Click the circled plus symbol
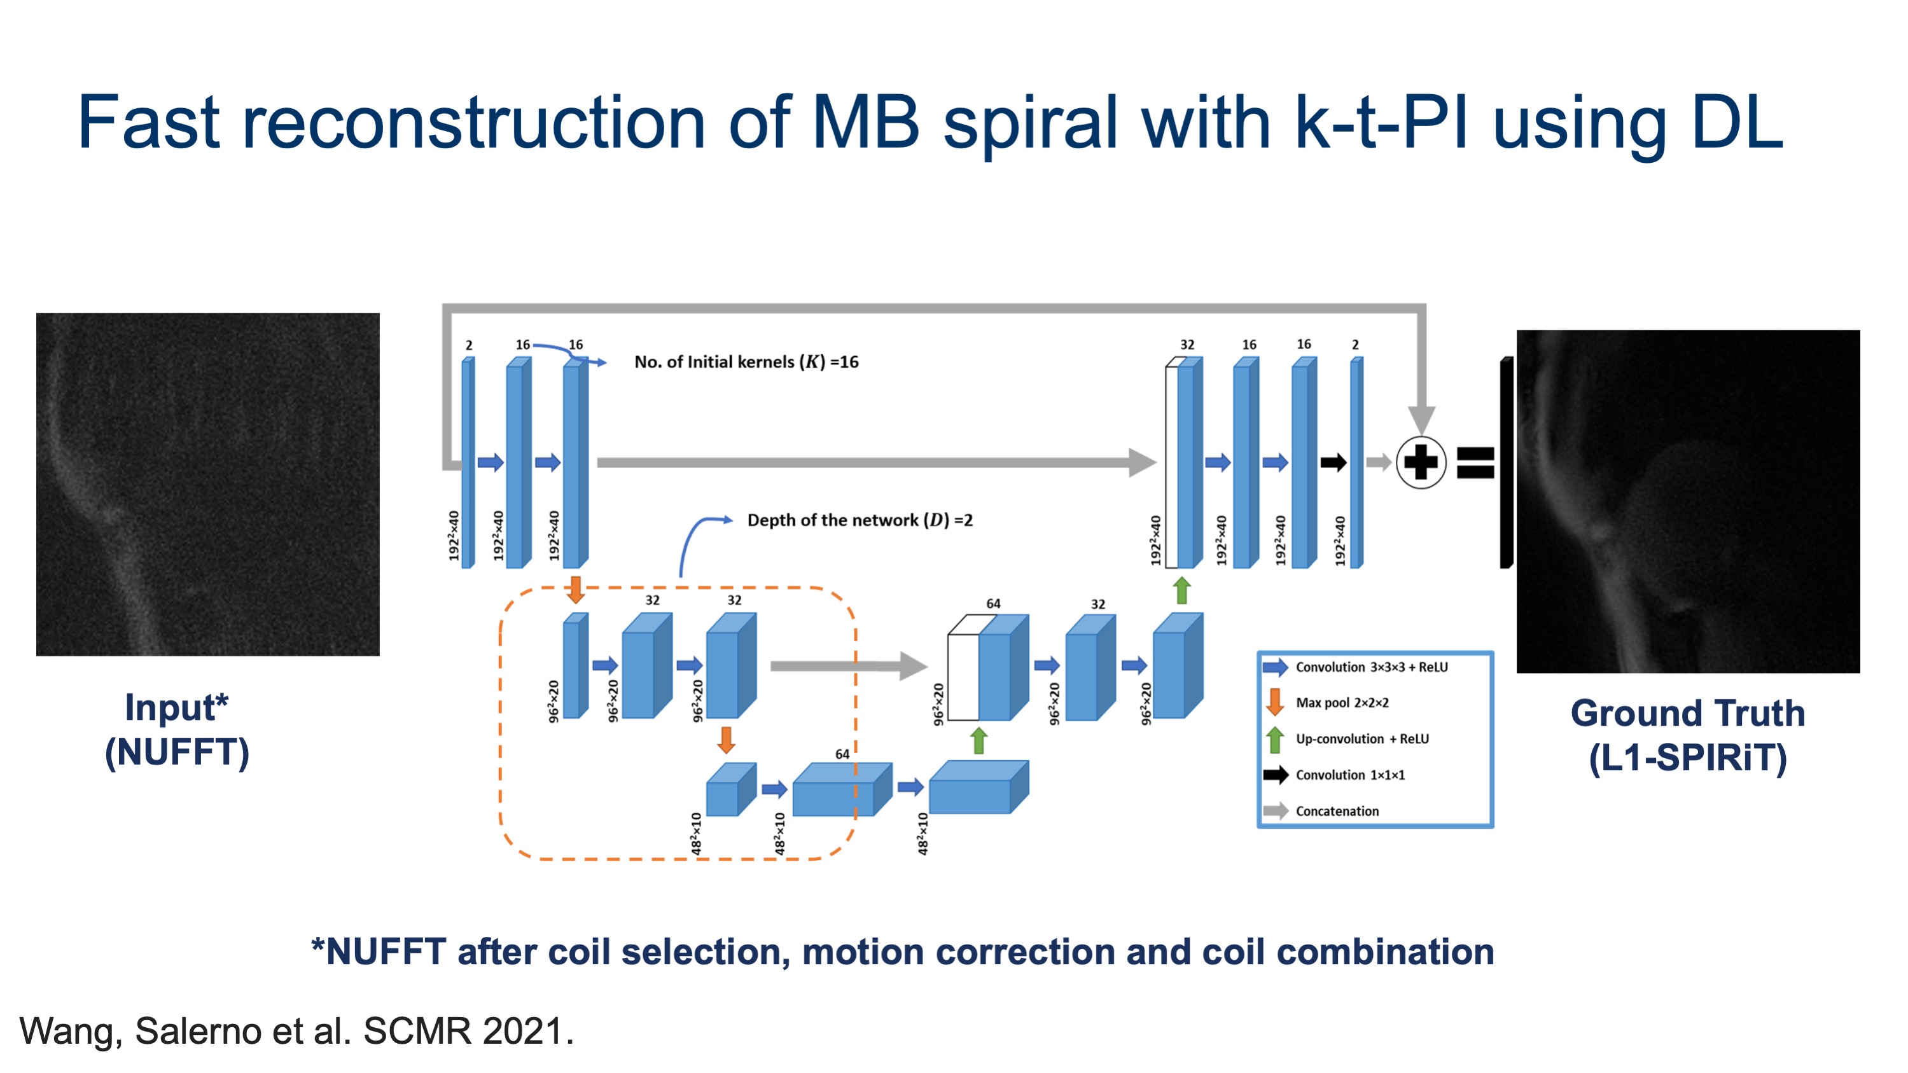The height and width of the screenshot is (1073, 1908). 1421,463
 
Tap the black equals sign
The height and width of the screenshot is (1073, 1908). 1475,463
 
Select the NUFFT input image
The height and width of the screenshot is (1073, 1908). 208,484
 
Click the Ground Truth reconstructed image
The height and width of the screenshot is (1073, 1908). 1688,501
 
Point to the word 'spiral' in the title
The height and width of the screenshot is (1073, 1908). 1029,123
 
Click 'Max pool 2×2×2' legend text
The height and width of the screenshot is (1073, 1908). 1342,703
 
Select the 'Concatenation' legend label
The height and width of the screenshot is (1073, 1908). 1338,811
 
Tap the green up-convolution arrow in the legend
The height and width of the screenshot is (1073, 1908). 1275,739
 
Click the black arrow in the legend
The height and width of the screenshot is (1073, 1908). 1276,775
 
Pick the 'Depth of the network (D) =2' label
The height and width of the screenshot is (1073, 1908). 860,520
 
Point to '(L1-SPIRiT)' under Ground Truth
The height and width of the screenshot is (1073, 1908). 1688,758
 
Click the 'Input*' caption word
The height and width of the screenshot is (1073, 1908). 177,707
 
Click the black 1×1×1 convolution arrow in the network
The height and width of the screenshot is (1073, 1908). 1334,463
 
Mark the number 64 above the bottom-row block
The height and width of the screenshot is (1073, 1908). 842,754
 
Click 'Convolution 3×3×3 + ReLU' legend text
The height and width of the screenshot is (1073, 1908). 1372,667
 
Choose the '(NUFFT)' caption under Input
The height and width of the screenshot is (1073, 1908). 177,752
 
